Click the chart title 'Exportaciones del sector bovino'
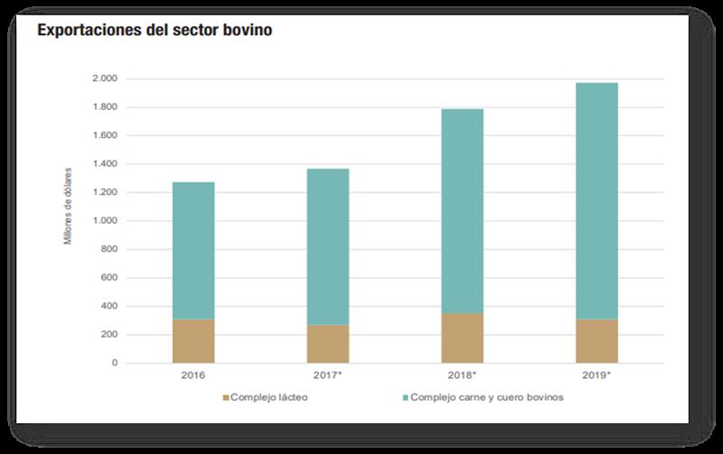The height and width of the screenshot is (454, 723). click(154, 31)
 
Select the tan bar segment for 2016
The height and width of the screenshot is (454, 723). click(193, 341)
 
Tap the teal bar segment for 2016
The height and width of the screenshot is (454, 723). click(193, 251)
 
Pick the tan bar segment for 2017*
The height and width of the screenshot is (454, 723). click(328, 344)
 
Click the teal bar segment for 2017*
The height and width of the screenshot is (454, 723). click(328, 246)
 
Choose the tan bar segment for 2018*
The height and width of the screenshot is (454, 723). click(462, 338)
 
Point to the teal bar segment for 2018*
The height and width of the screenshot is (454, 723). click(462, 211)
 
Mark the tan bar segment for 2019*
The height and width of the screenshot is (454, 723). click(596, 341)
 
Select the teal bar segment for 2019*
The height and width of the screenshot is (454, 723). click(596, 200)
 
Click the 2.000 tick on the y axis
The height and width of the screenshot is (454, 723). click(105, 79)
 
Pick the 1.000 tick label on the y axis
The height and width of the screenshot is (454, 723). click(105, 221)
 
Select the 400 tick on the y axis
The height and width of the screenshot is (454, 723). click(109, 306)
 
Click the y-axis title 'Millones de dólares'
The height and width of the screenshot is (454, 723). click(68, 206)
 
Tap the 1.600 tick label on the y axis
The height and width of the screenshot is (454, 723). click(105, 135)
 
